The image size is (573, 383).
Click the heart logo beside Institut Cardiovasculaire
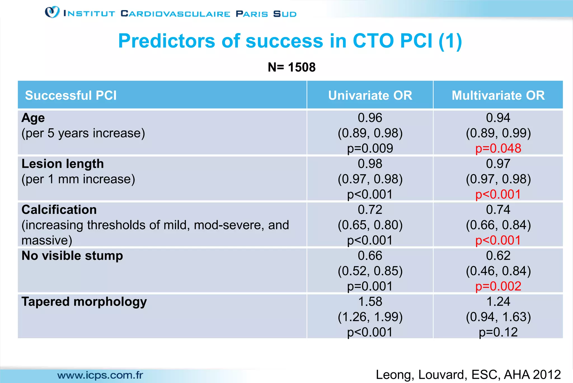(x=52, y=12)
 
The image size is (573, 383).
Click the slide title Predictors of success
(x=290, y=41)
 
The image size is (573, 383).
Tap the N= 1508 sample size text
(x=291, y=67)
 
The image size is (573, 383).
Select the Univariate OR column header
(x=370, y=95)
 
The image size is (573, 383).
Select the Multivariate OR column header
(x=498, y=95)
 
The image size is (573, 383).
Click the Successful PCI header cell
(x=71, y=95)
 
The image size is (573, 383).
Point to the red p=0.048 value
(x=498, y=148)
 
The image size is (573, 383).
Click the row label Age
(x=33, y=118)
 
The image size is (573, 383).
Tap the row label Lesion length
(x=63, y=164)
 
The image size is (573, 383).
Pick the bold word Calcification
(x=59, y=210)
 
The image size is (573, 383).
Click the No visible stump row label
(x=72, y=256)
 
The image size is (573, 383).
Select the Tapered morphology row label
(x=84, y=302)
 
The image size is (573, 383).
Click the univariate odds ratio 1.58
(x=370, y=302)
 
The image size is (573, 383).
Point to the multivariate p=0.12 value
(x=498, y=332)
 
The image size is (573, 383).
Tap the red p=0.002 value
(x=498, y=286)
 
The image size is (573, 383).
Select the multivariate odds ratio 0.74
(x=498, y=210)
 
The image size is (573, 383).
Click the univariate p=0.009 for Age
(x=370, y=148)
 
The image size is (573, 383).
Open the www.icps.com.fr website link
(x=100, y=375)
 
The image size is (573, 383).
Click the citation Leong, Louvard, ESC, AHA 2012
(x=468, y=375)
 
